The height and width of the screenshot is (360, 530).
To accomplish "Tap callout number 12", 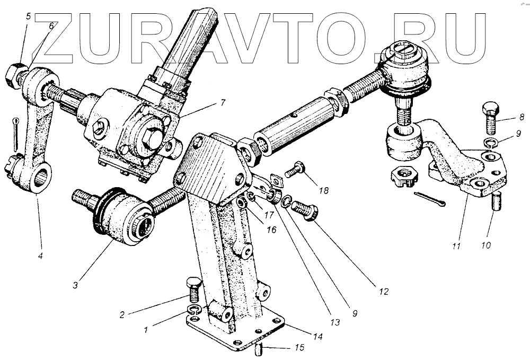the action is point(384,292).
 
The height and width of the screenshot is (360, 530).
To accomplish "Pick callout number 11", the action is point(457,247).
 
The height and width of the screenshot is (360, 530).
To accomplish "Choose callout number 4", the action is point(40,256).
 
